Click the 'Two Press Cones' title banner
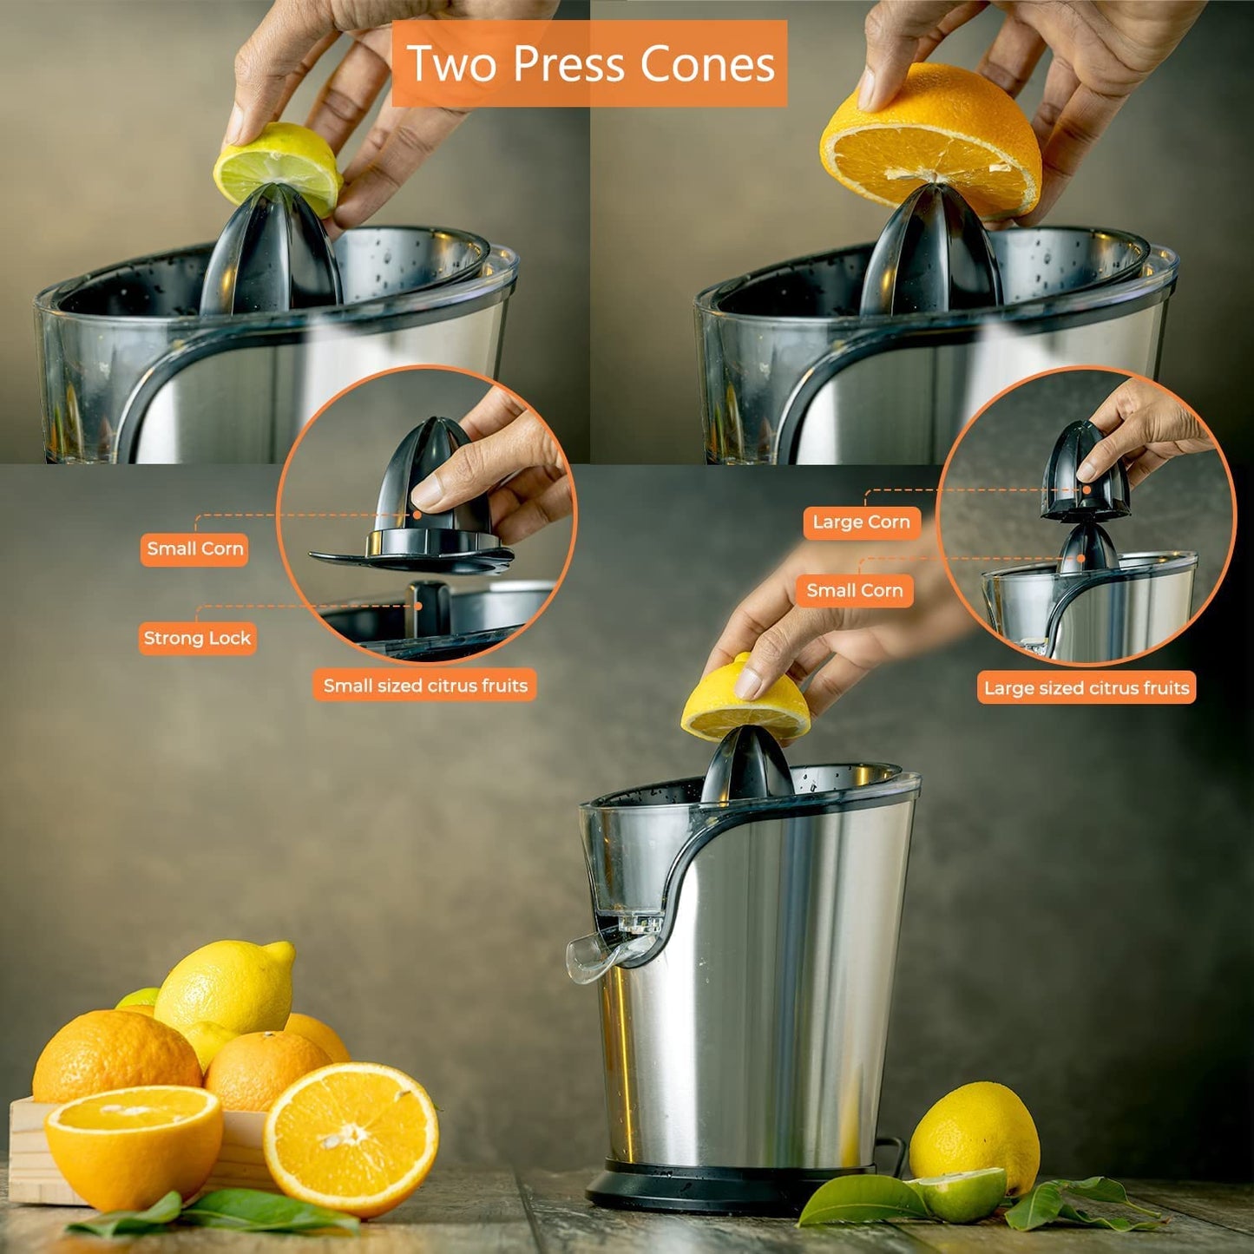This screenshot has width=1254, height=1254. click(589, 63)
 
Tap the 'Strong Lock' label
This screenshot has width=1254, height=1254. click(196, 638)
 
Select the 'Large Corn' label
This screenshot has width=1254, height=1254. click(862, 522)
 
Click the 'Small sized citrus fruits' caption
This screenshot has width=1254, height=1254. click(425, 686)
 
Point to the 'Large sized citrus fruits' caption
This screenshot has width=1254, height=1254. click(1087, 688)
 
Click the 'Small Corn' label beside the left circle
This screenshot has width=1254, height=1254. click(194, 548)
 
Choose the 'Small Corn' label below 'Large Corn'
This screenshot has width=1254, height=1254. click(855, 591)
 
